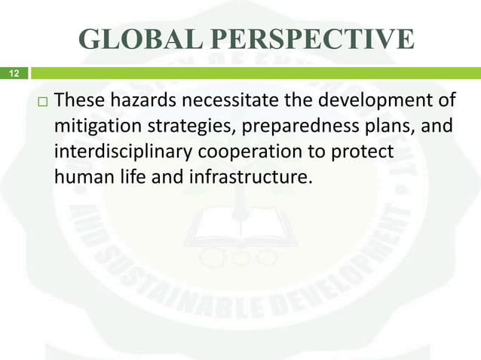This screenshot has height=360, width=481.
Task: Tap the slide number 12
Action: [x=13, y=74]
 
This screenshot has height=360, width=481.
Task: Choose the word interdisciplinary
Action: [x=124, y=153]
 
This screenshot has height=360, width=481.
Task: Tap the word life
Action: [x=130, y=179]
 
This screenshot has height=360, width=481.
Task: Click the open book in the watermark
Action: [x=240, y=226]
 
